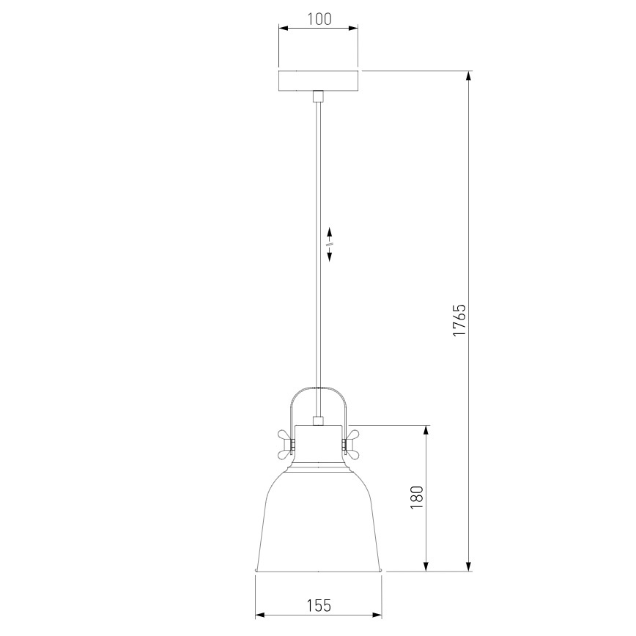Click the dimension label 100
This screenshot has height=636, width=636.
[x=319, y=19]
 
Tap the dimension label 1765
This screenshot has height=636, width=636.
[x=459, y=319]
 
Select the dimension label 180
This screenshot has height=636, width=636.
[x=417, y=498]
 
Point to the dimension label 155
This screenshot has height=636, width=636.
[x=319, y=605]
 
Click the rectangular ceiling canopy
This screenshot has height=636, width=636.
[x=319, y=81]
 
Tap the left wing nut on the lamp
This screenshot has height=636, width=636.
[x=286, y=445]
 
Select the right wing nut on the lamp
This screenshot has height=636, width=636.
[x=350, y=445]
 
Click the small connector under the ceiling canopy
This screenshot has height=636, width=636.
[x=319, y=96]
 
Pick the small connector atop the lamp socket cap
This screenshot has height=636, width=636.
[x=319, y=421]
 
